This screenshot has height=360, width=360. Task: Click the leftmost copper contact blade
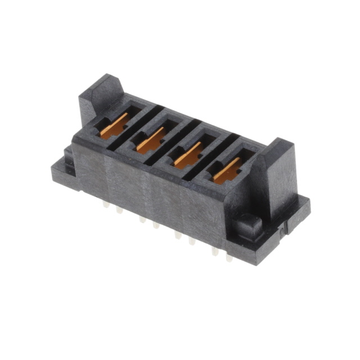pos(115,125)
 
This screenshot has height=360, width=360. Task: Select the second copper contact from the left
pos(151,138)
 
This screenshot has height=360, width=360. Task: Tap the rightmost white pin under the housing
pos(229,258)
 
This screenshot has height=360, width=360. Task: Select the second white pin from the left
pos(119,211)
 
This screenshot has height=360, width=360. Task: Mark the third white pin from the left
pos(142,220)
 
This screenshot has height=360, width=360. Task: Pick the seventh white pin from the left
pos(214,251)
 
